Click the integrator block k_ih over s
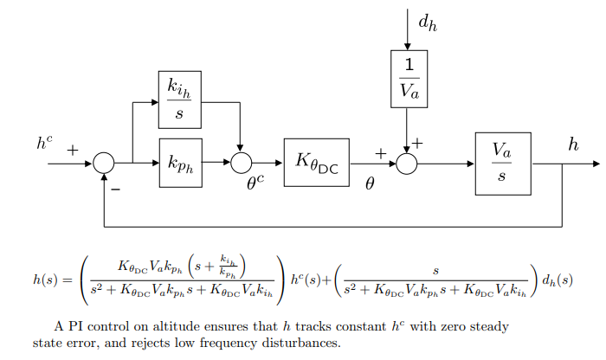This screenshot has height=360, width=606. coord(179,99)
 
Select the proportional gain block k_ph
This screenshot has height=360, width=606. coord(179,162)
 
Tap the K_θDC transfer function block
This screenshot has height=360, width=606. coord(315,162)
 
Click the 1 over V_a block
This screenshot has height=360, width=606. coord(408,78)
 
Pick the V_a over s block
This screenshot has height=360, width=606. coord(502,162)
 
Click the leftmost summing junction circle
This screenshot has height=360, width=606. coord(104,162)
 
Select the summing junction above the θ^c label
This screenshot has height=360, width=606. coord(241,162)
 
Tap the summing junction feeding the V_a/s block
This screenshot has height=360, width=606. coord(407,162)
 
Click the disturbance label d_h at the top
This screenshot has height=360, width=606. coord(427,23)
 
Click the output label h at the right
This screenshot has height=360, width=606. coord(573,145)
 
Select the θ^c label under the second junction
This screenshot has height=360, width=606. coord(255,182)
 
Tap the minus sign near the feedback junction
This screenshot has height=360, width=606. coord(114,185)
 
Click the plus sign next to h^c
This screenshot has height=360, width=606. coord(73,151)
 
